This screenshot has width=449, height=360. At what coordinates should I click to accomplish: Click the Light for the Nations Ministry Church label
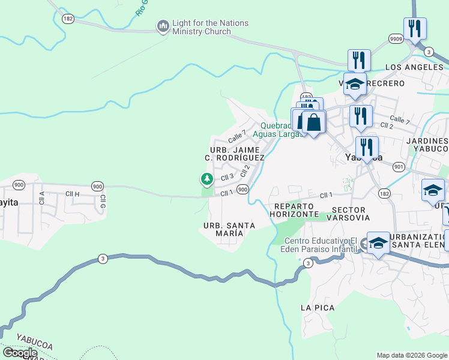point(209,28)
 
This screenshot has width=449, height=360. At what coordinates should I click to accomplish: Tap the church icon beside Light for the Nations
point(163,26)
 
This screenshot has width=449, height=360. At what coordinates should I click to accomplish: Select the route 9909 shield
point(396,38)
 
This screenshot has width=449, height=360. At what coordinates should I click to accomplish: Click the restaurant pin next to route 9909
point(415,28)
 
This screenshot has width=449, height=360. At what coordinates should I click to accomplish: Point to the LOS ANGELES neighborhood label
point(414,67)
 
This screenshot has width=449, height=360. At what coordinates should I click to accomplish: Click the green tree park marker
point(206,179)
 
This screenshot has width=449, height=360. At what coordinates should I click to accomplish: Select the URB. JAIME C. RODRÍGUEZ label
point(234,153)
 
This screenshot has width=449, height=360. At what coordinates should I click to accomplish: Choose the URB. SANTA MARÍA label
point(229,229)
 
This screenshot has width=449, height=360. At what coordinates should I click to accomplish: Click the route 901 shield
point(399,166)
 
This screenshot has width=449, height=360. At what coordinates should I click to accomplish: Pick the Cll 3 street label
point(226,177)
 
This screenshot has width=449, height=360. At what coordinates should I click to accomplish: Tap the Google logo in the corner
point(20,353)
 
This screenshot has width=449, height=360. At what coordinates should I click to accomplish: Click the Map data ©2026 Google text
point(412,355)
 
